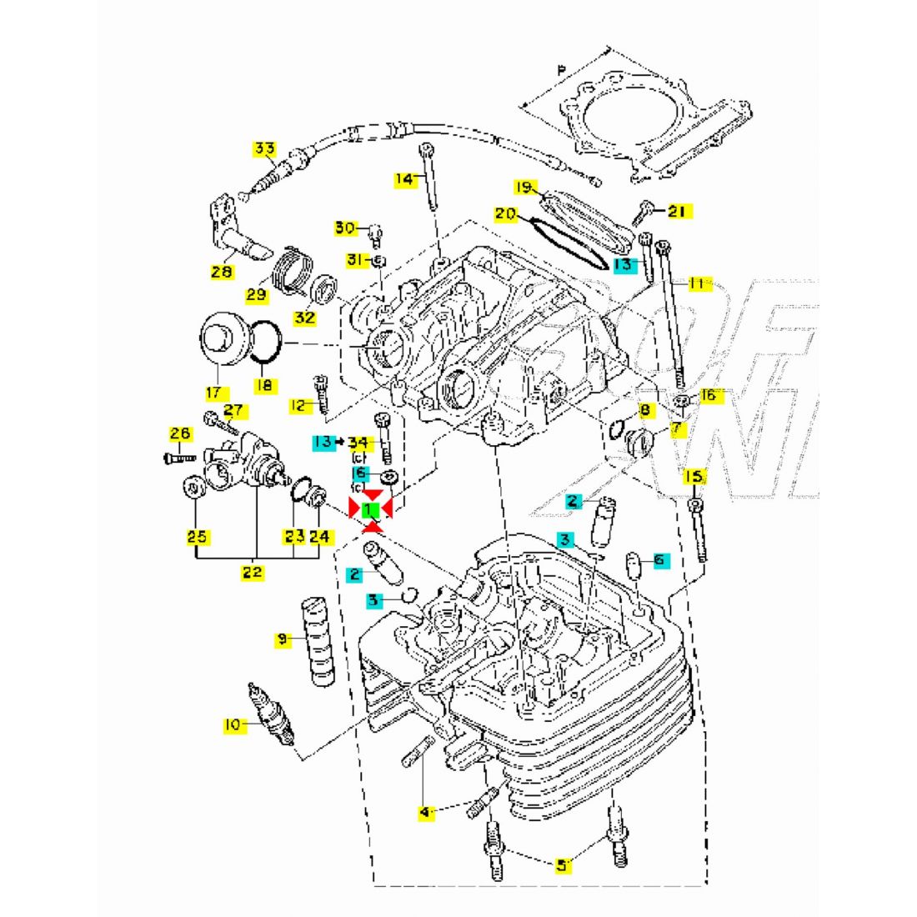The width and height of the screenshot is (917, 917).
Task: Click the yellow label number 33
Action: tap(264, 150)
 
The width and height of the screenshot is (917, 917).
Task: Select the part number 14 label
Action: tap(405, 178)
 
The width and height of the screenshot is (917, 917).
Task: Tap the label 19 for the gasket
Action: tap(523, 188)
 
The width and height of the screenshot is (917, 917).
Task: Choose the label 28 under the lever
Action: tap(222, 272)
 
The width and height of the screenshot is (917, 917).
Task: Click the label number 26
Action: tap(181, 433)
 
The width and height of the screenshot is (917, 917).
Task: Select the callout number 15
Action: tap(694, 477)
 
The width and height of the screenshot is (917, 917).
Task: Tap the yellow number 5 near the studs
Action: tap(563, 865)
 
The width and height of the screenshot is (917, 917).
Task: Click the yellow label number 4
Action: tap(426, 811)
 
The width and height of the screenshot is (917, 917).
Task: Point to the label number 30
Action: tap(345, 228)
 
